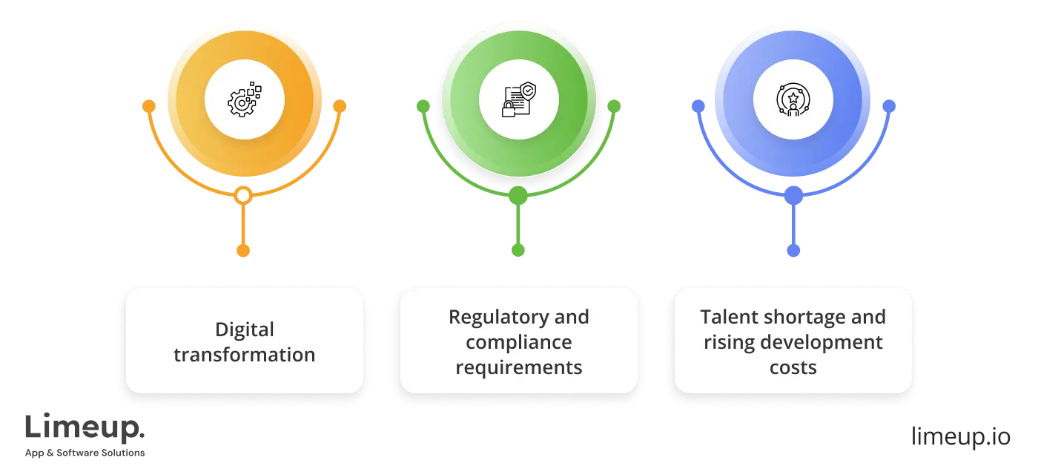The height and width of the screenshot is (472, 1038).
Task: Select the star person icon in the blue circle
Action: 793,100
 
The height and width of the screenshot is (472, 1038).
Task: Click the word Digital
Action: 245,330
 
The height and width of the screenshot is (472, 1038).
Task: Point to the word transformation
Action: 245,355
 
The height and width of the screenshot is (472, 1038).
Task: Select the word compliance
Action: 519,342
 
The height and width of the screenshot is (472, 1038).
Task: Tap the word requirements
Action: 519,367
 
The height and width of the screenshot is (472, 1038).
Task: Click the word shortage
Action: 804,317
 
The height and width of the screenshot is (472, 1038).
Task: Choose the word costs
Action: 793,367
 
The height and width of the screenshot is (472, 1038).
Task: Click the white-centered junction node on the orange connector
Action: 243,196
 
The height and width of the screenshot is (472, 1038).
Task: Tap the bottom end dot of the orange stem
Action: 243,251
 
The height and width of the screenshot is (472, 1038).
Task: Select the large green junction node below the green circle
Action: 518,196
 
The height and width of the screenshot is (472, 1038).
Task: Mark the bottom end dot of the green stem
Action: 518,251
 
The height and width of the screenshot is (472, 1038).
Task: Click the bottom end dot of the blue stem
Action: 793,251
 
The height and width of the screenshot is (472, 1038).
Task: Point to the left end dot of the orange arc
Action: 149,107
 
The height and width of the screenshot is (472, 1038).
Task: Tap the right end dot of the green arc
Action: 614,107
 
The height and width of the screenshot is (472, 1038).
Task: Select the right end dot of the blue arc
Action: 888,107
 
